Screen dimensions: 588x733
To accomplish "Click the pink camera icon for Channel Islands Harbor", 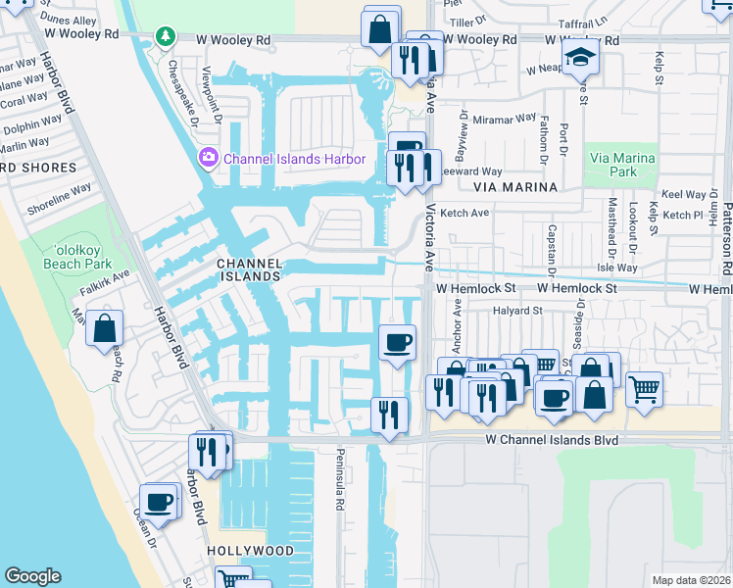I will [208, 158].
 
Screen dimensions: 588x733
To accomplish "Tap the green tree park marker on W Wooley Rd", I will [166, 37].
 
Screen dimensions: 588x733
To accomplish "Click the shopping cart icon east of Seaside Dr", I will [644, 388].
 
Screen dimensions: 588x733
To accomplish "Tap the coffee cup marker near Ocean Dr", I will [159, 503].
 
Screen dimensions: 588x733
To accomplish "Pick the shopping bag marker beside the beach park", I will [105, 328].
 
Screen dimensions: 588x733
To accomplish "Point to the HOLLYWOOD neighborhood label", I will [251, 551].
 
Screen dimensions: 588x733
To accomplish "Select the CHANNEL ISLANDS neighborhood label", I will [249, 270].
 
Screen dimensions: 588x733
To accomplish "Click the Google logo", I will [32, 576].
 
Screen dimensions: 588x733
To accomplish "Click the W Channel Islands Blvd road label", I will [553, 441].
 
